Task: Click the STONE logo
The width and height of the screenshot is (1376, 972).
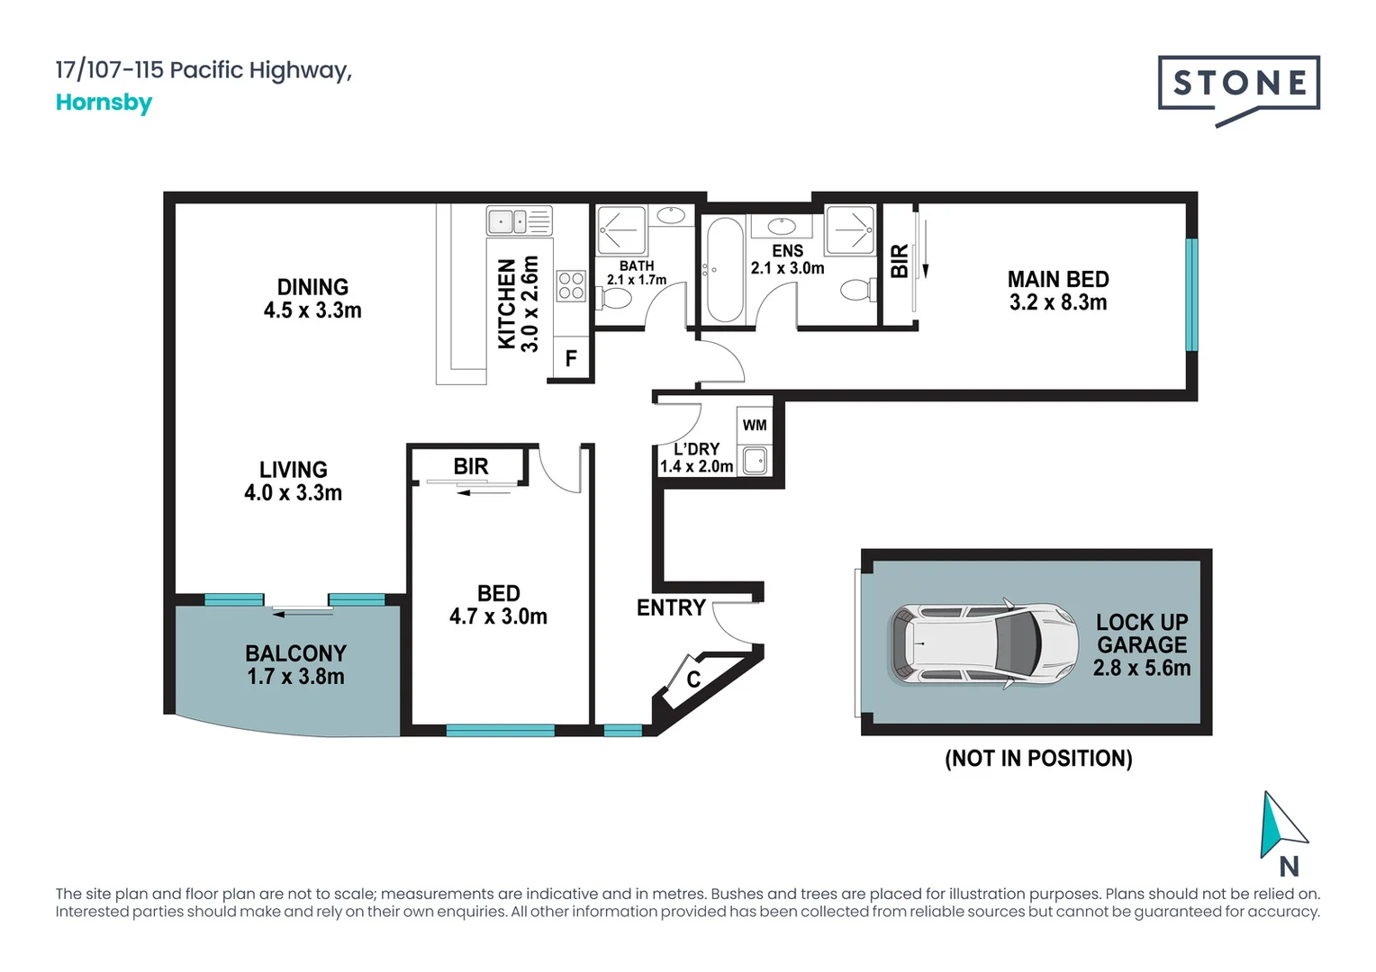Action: tap(1238, 85)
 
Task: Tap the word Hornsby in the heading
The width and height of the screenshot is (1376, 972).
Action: tap(104, 103)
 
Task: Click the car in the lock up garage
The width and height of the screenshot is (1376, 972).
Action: tap(983, 643)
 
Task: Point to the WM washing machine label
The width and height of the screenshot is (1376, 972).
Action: tap(755, 425)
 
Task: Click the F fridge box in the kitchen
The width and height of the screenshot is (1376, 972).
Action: tap(570, 359)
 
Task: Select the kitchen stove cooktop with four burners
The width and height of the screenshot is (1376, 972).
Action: tap(571, 286)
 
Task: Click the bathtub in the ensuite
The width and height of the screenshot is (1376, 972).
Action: tap(724, 269)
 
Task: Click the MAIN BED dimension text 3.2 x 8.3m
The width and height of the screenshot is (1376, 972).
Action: tap(1057, 303)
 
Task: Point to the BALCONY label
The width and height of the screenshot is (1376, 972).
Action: tap(295, 653)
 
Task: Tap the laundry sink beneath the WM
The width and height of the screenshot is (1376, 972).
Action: tap(755, 462)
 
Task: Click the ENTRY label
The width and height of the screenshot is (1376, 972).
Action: tap(670, 608)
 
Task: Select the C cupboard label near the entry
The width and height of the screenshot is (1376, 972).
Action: tap(693, 679)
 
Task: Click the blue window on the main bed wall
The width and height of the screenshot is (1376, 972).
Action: tap(1191, 294)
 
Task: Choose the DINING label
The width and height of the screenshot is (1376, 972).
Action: tap(312, 287)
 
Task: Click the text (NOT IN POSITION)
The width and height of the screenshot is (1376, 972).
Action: tap(1038, 759)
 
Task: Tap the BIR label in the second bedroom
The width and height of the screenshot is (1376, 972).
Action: tap(470, 466)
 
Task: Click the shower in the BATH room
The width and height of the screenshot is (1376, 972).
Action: tap(621, 229)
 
